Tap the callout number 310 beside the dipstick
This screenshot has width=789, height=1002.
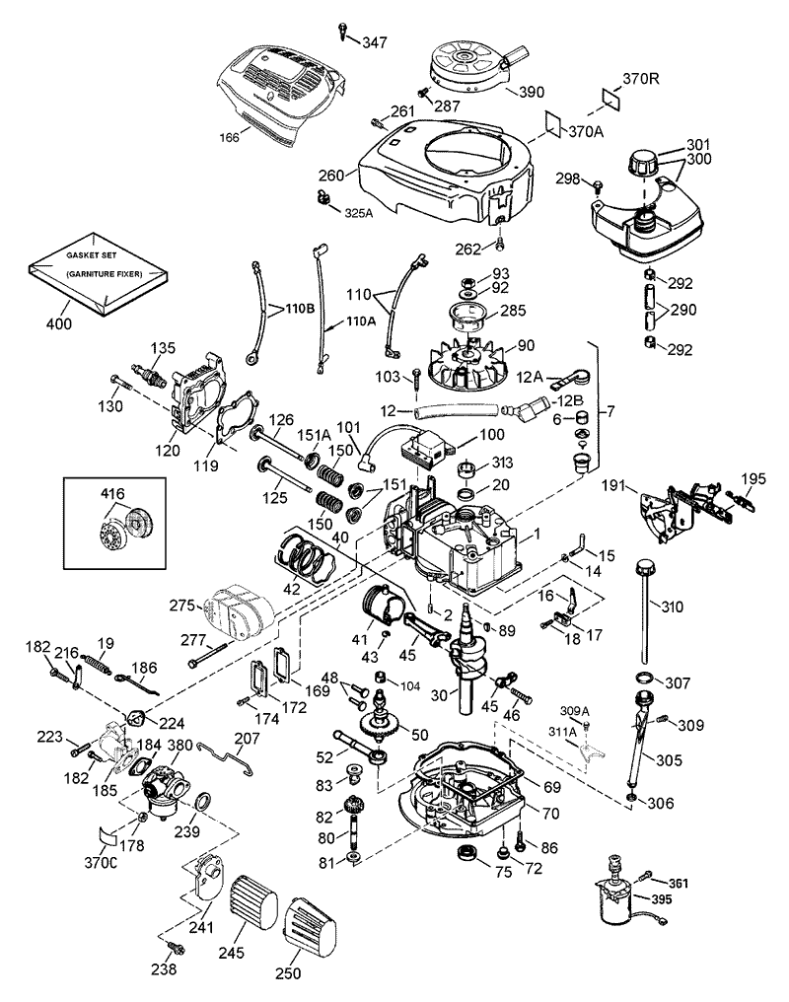click(672, 606)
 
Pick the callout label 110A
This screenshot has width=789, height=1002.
click(360, 321)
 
